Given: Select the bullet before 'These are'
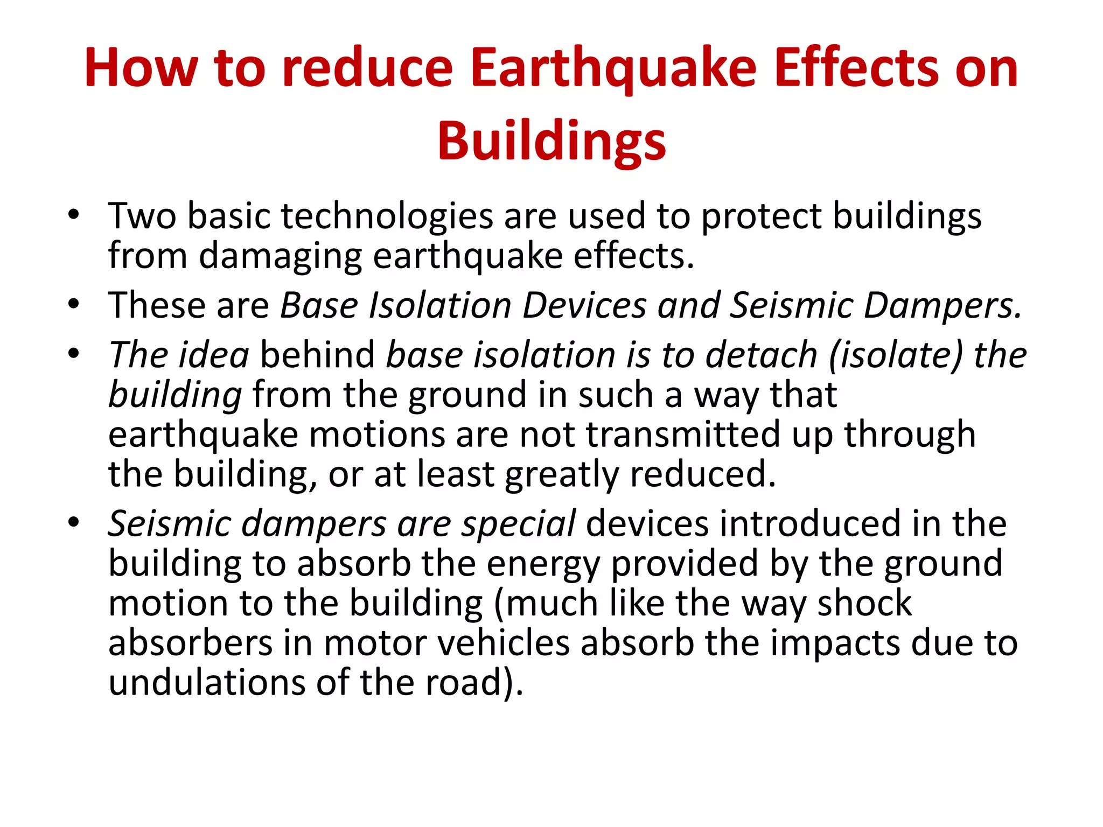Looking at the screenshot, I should (x=74, y=305).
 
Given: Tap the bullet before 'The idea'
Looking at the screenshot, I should (x=74, y=355).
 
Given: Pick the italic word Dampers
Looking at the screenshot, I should (x=942, y=306).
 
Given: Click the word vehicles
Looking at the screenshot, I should (x=504, y=643).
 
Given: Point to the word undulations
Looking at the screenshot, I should (x=207, y=683).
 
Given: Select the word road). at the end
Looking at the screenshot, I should (x=474, y=683).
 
